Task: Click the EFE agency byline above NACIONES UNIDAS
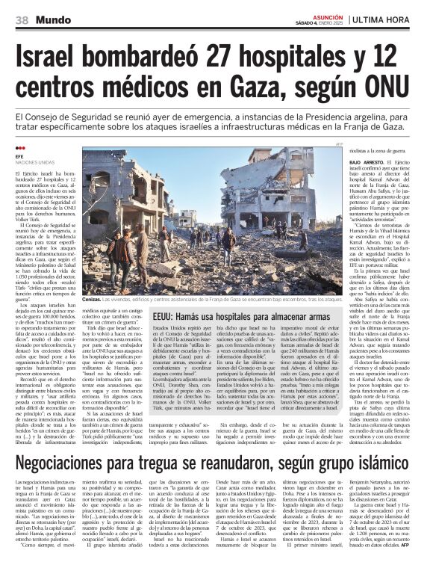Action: point(19,155)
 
